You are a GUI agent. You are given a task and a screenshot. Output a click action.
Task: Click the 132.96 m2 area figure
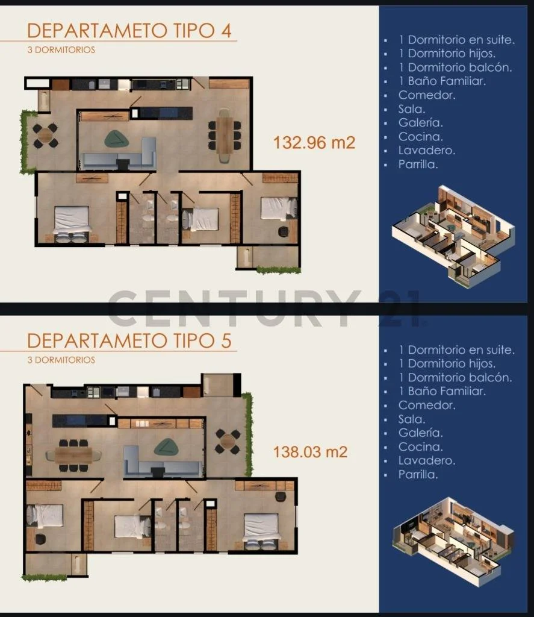coord(314,142)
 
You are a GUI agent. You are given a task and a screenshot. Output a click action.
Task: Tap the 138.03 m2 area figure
coord(310,452)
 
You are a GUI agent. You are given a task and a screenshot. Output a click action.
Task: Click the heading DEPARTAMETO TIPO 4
coord(129,31)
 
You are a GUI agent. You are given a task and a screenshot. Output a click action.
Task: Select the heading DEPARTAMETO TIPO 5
coord(129,341)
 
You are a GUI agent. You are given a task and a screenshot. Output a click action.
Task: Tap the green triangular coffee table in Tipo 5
coord(166,448)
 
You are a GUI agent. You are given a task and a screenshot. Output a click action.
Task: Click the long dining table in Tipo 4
coord(225,135)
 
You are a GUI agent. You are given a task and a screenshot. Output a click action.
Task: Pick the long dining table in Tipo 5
coord(73,456)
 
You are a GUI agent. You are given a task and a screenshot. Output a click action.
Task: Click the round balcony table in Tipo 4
coord(45,136)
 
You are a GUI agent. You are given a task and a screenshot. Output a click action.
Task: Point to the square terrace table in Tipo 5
coord(228,442)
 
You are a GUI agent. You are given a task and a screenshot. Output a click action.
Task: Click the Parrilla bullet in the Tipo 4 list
coord(418,164)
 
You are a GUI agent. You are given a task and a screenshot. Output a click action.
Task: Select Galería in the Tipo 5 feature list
coord(420,433)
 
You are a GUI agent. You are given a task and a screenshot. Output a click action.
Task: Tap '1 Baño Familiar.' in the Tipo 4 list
coord(442,81)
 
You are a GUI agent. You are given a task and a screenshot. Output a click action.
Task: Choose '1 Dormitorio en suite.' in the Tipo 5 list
coord(456,349)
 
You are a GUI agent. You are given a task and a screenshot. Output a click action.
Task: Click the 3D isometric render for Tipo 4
coord(453,236)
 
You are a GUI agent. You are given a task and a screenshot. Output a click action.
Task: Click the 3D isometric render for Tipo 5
coord(453,542)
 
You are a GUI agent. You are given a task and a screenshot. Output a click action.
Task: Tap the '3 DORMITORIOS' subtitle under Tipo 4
coord(61,50)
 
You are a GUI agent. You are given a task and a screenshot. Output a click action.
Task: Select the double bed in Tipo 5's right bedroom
coord(261,531)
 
